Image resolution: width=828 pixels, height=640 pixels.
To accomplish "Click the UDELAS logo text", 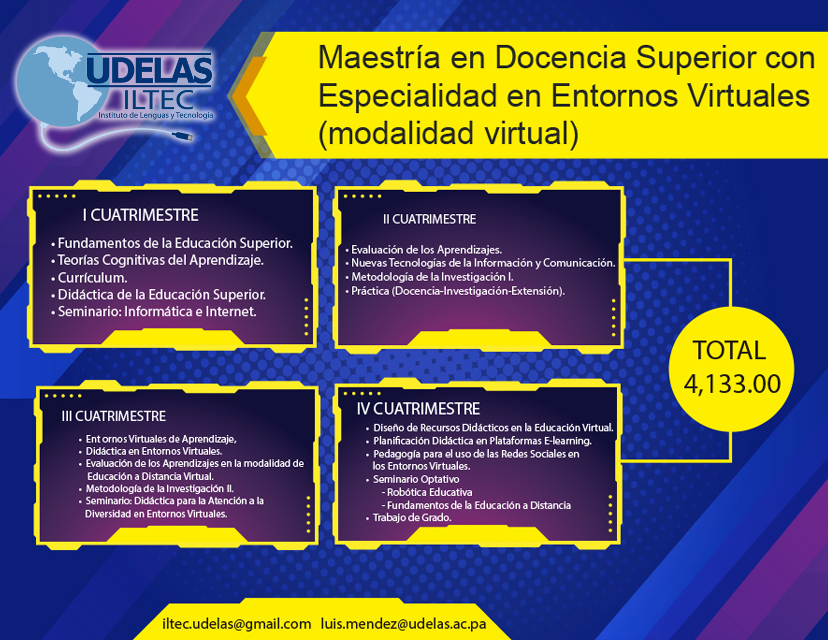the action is point(150,69).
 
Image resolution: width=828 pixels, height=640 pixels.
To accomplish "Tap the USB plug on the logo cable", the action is point(183,136).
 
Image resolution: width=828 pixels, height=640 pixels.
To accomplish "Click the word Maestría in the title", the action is point(379,58).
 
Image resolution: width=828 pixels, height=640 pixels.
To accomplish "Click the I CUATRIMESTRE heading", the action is point(141,215).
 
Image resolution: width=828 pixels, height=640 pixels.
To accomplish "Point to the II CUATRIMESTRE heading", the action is point(430,219).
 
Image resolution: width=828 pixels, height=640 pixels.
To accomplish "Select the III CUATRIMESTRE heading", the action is point(113,416).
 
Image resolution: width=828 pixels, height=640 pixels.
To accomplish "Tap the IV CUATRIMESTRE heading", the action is point(418,409).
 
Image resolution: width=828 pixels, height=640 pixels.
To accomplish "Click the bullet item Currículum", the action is point(93,278).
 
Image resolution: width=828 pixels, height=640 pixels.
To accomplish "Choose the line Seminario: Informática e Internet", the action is point(157,311).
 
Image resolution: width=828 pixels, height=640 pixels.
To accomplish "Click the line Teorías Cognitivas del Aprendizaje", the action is point(161,261).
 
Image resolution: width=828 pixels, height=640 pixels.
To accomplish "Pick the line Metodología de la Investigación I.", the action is point(433,277).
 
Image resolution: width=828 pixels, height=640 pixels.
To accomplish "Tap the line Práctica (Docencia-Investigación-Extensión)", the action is point(458,291).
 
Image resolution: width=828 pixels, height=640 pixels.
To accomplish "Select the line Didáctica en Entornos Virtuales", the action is point(154,451).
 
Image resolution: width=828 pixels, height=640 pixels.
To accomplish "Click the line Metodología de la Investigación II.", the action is point(160,488).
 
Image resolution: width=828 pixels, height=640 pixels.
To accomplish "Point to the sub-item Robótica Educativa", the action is point(430,492).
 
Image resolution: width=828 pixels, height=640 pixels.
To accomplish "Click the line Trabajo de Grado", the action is point(412,518).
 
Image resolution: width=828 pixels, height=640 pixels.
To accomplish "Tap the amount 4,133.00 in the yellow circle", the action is point(732,384).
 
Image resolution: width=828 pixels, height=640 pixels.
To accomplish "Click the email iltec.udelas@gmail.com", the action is point(237,624).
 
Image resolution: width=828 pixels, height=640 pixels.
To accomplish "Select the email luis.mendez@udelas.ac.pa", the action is point(403,624).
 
